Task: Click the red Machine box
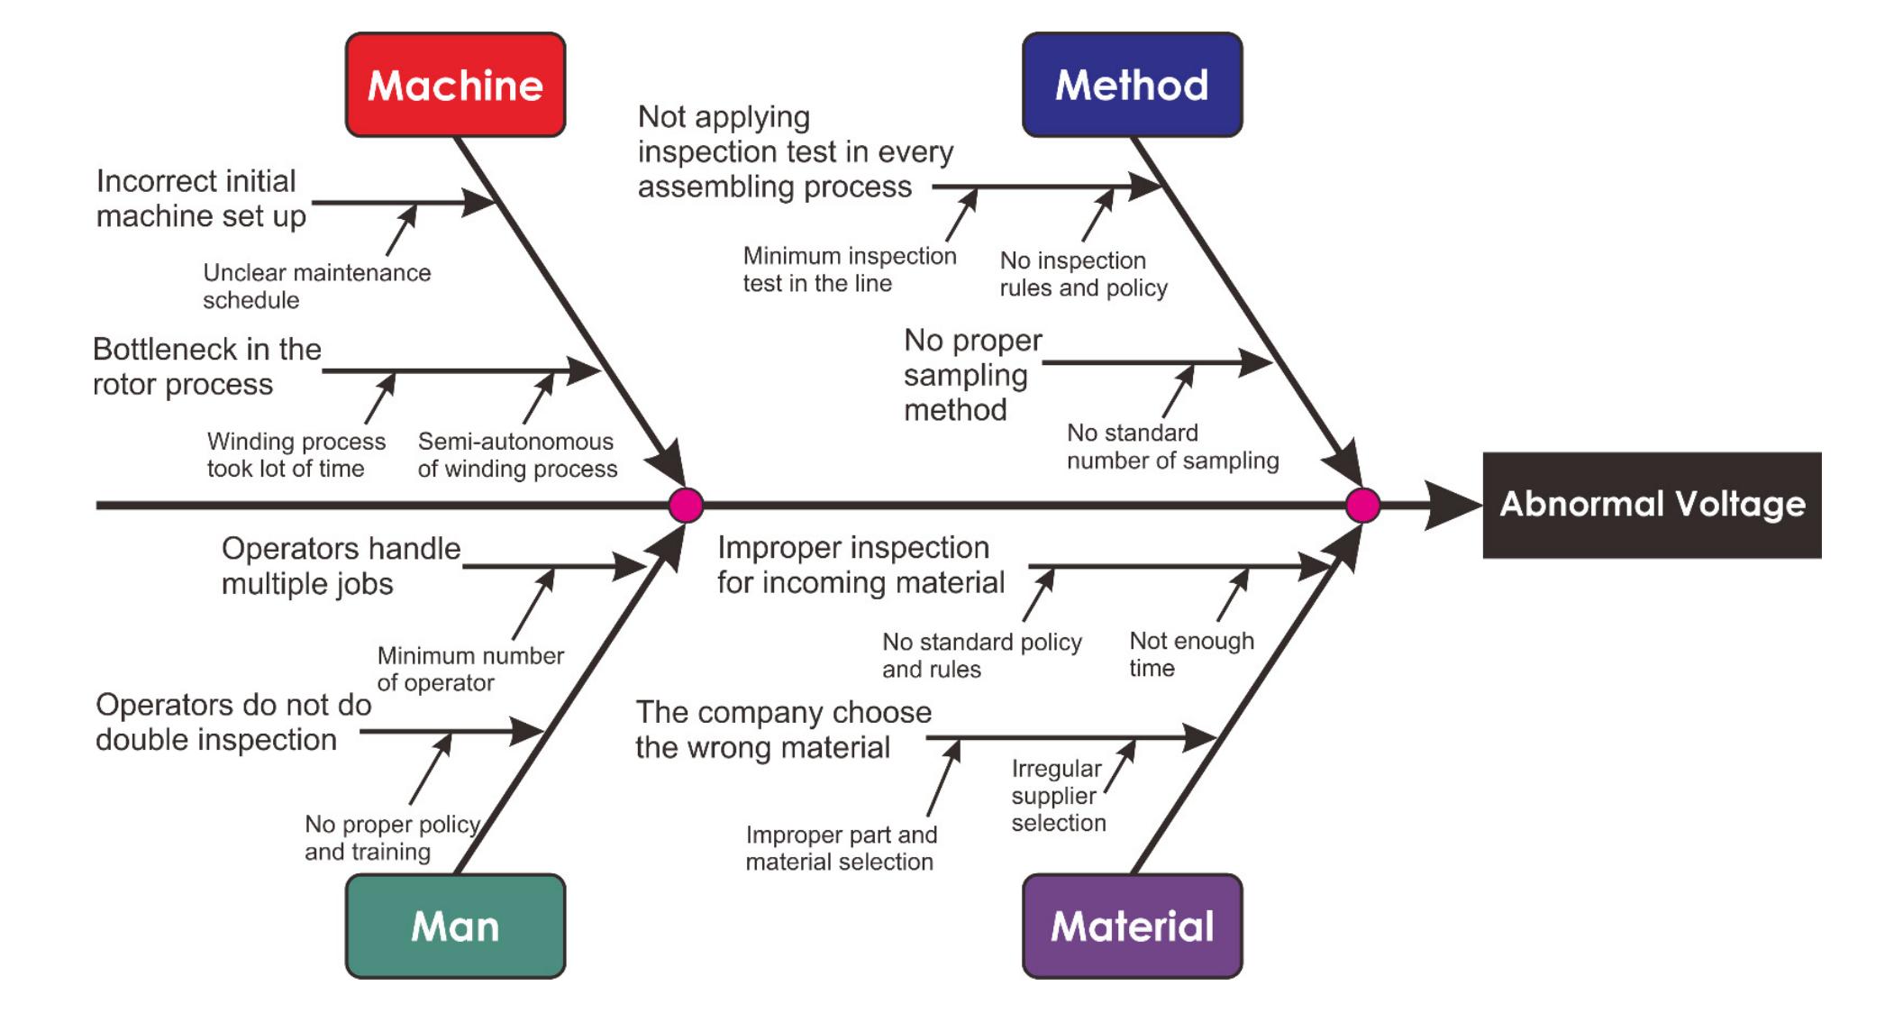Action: point(455,85)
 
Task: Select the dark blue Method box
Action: point(1132,85)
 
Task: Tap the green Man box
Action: point(455,926)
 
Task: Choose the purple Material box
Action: point(1132,926)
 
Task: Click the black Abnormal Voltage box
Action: point(1652,505)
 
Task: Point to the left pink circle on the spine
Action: point(686,506)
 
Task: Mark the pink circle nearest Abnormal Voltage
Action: point(1362,506)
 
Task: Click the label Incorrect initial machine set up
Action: point(201,198)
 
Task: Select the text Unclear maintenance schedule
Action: point(316,286)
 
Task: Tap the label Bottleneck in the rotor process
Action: point(206,366)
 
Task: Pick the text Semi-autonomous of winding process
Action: point(517,454)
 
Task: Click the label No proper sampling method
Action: point(972,374)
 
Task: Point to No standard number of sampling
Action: point(1172,446)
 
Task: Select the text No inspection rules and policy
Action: point(1083,274)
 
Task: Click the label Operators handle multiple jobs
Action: point(341,566)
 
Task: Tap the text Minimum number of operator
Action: point(470,669)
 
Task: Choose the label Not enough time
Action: point(1191,654)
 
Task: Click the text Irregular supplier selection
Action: point(1058,795)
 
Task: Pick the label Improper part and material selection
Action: point(841,848)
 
